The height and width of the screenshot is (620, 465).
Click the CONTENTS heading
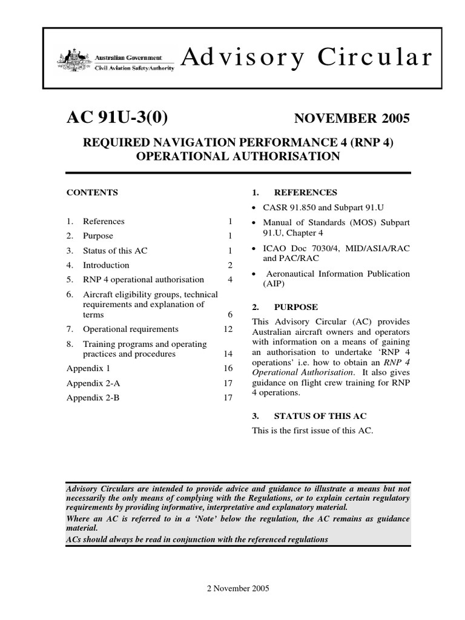tap(92, 193)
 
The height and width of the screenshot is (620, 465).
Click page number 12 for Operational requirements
tap(228, 329)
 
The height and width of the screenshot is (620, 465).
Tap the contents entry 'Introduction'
tap(106, 265)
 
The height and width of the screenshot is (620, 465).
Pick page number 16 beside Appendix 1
tap(228, 368)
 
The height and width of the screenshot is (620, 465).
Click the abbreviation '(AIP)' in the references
tap(273, 283)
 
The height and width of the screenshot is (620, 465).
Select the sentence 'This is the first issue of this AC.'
tap(313, 430)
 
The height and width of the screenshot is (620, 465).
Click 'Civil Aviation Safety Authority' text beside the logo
tap(134, 68)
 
